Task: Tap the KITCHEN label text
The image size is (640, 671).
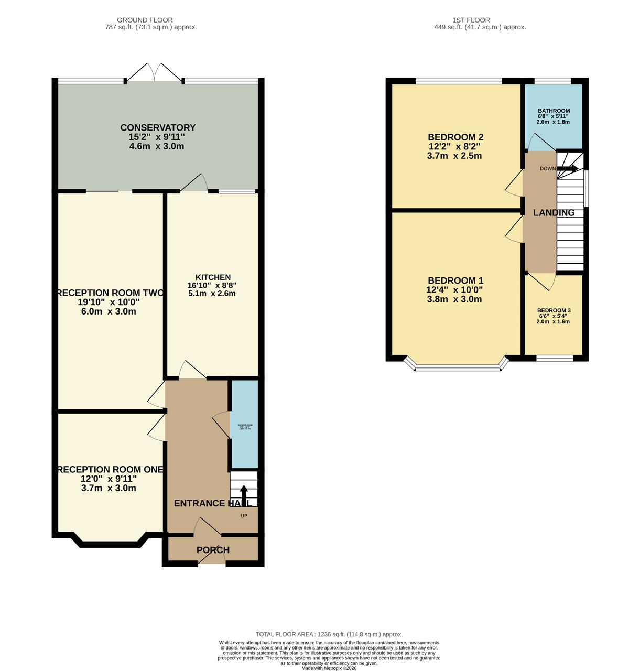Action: click(x=213, y=277)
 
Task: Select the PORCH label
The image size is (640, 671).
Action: click(x=213, y=550)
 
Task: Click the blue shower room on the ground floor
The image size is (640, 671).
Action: click(x=245, y=425)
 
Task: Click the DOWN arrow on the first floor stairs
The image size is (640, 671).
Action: click(x=567, y=168)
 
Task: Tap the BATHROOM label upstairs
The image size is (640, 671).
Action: click(x=554, y=111)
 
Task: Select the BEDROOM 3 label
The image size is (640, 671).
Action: click(x=554, y=310)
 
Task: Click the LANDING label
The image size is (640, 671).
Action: click(x=554, y=213)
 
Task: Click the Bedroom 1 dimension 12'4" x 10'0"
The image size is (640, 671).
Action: click(x=455, y=290)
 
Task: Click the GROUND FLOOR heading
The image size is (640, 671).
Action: click(x=145, y=20)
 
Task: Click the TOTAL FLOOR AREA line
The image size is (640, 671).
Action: click(x=329, y=634)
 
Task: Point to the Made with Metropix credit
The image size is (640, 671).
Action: click(x=329, y=668)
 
